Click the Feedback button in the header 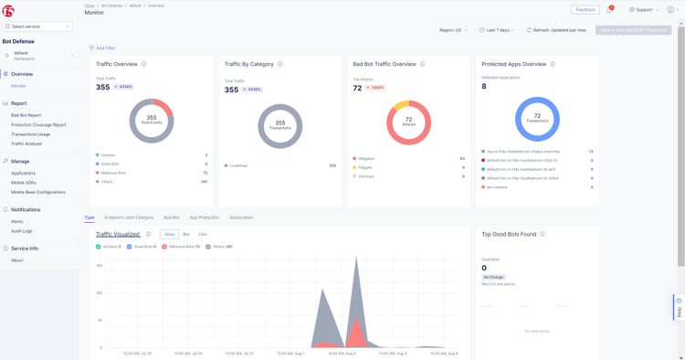[585, 9]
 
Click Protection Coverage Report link [38, 125]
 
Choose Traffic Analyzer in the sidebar [26, 143]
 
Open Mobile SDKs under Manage [24, 183]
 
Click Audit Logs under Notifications [22, 230]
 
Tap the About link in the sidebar [17, 260]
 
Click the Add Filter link [103, 47]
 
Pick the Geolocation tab [241, 217]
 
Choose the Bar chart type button [186, 234]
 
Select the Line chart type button [203, 234]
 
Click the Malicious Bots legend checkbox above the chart [166, 247]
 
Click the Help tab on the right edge [679, 307]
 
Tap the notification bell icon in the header [610, 9]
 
